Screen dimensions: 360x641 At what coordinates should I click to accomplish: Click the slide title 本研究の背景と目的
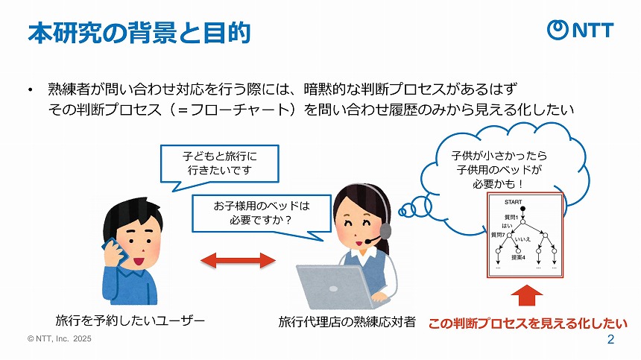coord(139,33)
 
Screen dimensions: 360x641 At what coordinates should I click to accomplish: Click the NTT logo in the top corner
coord(581,29)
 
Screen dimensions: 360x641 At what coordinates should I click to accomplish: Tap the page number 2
coord(611,341)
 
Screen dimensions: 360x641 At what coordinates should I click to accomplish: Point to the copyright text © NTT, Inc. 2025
coord(59,338)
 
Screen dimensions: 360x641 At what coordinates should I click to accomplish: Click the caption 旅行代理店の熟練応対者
coord(347,322)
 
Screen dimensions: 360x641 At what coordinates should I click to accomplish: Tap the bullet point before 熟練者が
coord(30,90)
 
